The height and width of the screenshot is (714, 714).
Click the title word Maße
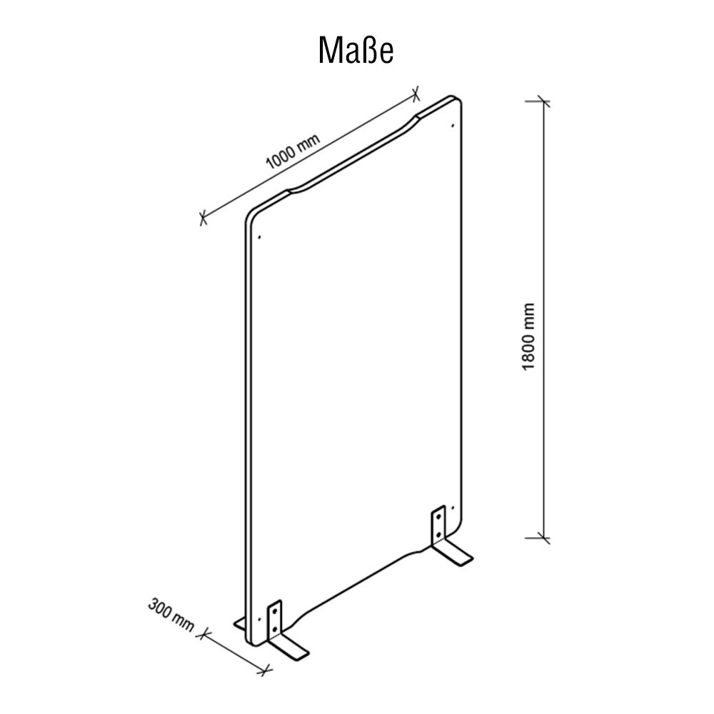pos(356,50)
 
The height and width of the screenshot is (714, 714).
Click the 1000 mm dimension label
pos(293,151)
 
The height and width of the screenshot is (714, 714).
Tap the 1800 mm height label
pos(528,336)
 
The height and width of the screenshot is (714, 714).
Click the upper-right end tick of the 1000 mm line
pos(416,94)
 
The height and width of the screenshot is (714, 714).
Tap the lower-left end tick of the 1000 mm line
pos(203,218)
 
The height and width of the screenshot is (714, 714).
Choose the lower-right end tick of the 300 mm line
pos(266,669)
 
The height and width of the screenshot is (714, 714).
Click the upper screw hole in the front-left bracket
pos(274,612)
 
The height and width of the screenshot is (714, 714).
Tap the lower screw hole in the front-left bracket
pos(274,629)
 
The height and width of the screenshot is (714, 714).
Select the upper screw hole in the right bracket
pos(438,517)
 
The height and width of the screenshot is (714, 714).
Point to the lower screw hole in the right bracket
pos(438,533)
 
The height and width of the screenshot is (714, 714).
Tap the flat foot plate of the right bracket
pos(453,554)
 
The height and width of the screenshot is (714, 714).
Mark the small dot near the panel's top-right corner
pos(452,125)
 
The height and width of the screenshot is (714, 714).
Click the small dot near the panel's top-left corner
pos(259,237)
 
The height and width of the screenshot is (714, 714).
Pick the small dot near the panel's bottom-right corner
pos(452,507)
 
